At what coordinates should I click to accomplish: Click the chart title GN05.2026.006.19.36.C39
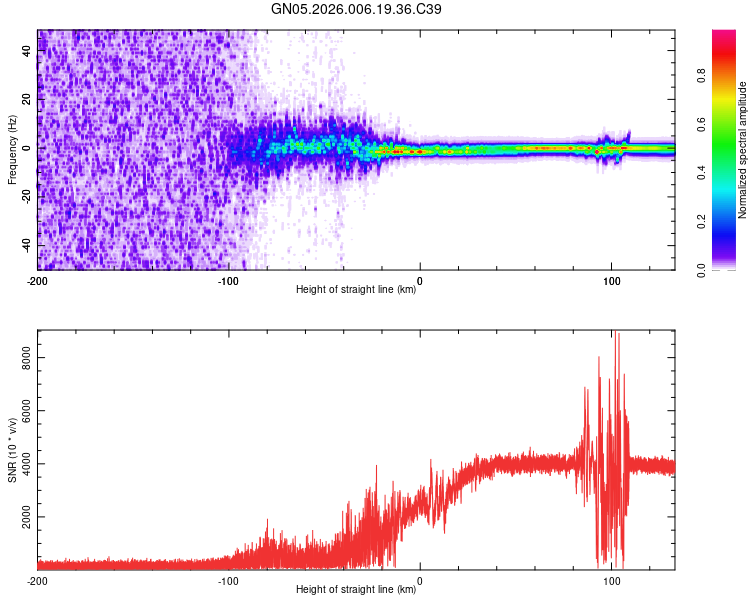[x=356, y=9]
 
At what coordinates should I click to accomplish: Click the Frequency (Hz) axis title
[x=12, y=150]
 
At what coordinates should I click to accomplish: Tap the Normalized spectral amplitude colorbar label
[x=743, y=150]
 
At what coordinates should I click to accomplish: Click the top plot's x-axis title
[x=356, y=289]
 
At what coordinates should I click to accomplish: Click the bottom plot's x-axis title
[x=356, y=589]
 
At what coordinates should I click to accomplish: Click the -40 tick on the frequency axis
[x=27, y=245]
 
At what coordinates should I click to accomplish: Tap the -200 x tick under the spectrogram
[x=38, y=281]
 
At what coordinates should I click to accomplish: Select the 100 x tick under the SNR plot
[x=611, y=581]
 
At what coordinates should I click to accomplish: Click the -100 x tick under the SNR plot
[x=229, y=581]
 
